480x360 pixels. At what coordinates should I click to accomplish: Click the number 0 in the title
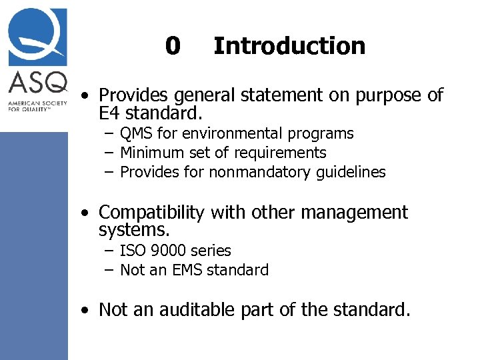[x=173, y=46]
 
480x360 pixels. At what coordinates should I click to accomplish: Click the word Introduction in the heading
[x=289, y=46]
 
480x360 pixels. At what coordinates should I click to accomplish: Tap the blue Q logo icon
[x=38, y=36]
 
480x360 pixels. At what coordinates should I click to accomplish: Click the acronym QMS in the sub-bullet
[x=136, y=134]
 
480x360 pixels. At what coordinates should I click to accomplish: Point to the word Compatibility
[x=151, y=213]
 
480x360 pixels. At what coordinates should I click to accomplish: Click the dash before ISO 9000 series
[x=109, y=251]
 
